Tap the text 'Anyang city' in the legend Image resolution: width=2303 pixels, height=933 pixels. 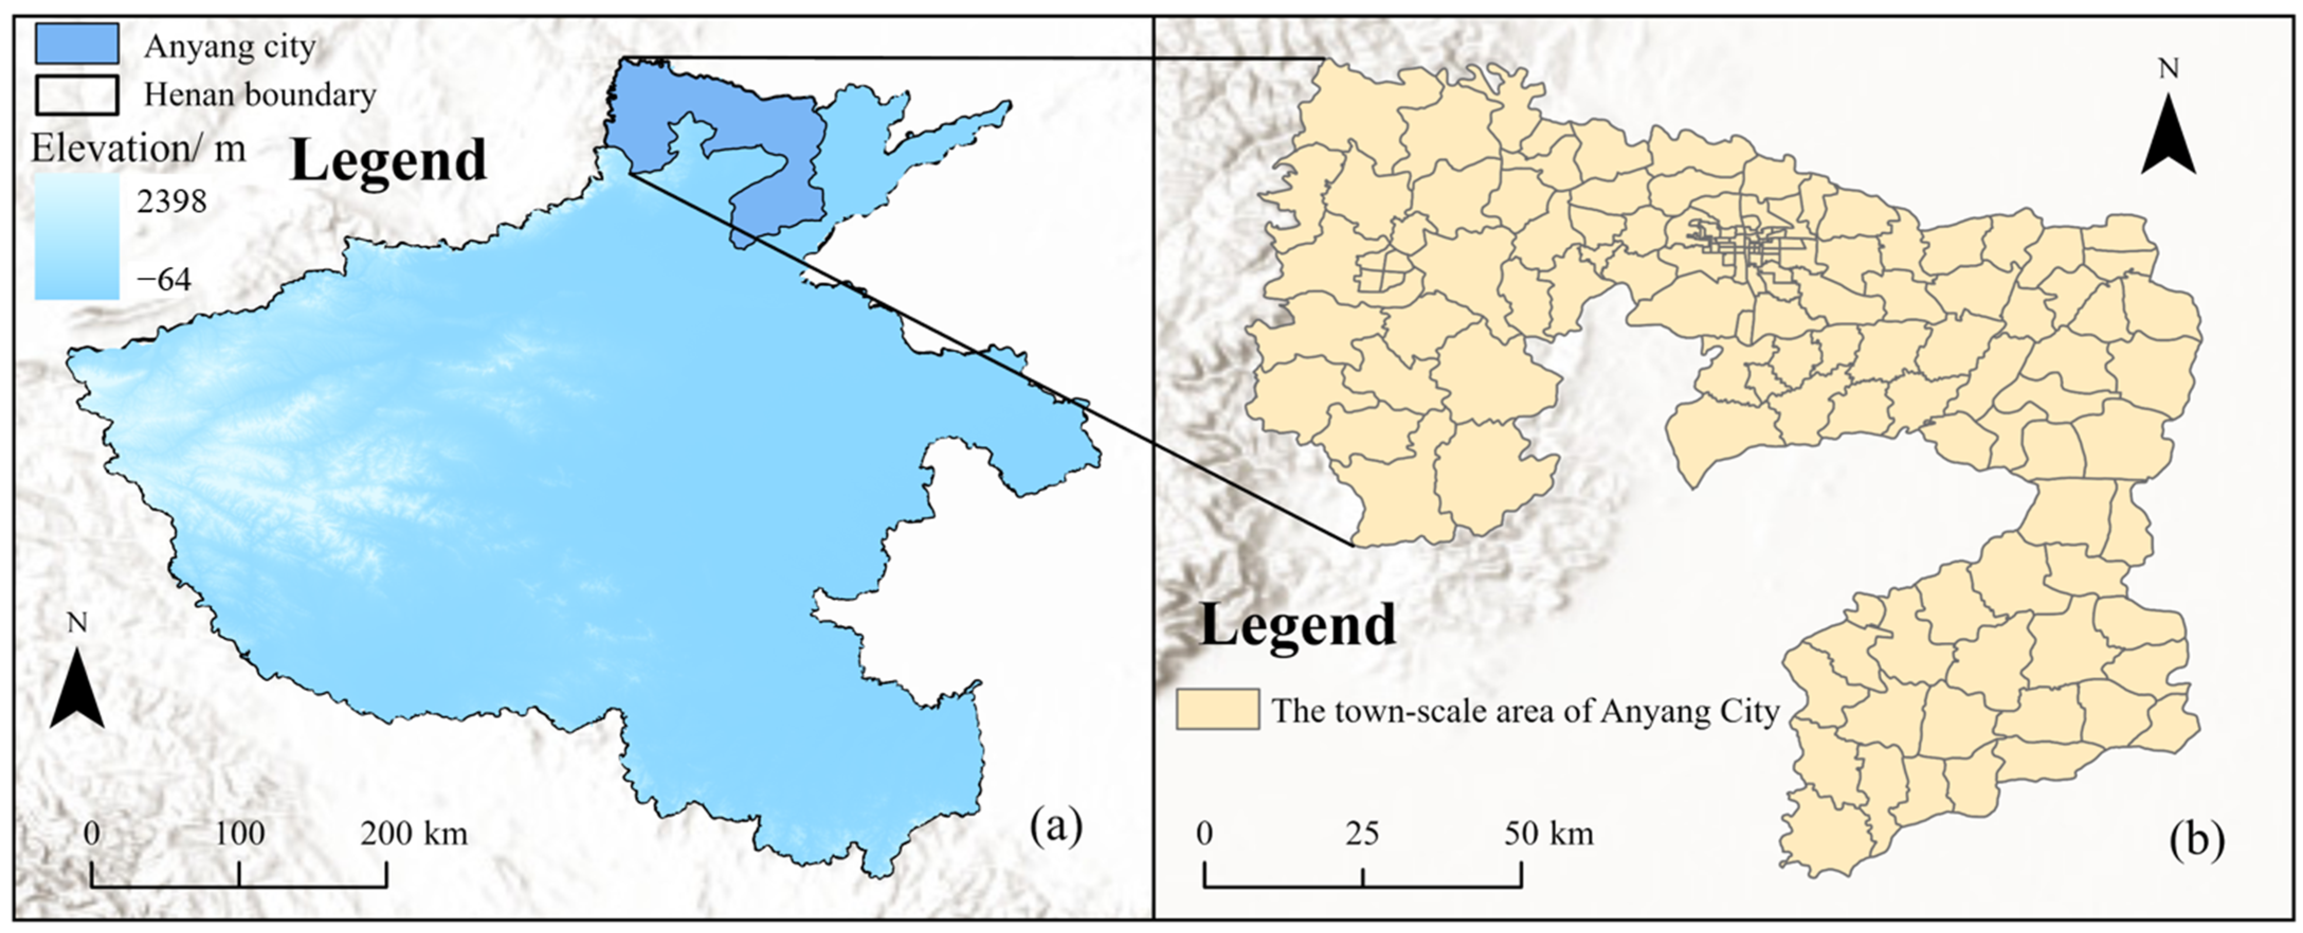230,45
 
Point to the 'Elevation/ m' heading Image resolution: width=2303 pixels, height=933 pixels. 139,148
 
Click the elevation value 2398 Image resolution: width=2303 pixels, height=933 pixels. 171,202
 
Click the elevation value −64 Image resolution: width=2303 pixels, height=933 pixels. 163,280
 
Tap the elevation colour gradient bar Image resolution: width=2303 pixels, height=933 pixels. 77,237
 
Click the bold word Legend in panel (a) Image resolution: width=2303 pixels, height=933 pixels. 389,161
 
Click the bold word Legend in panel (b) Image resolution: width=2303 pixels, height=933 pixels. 1297,624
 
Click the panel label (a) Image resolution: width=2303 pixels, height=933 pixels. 1056,827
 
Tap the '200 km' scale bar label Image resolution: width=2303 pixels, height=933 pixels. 414,834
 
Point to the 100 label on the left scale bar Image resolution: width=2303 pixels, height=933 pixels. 240,834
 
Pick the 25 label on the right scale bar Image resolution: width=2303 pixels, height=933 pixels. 1362,834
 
